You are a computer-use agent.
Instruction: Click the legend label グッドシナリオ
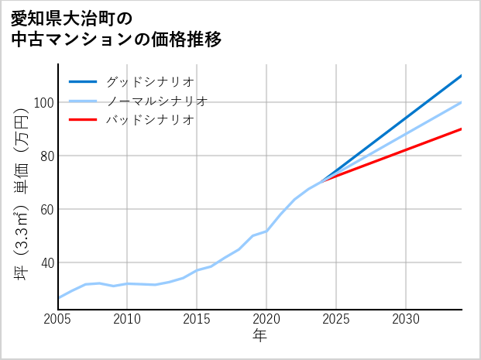tap(149, 81)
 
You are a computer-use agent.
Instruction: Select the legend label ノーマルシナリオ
tap(156, 101)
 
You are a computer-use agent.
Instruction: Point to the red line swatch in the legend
tap(84, 120)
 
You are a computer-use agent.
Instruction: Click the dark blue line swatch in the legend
tap(84, 81)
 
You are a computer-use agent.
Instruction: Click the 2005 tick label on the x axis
tap(58, 319)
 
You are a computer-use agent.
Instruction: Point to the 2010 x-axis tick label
tap(128, 319)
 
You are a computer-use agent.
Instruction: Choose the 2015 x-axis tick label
tap(198, 319)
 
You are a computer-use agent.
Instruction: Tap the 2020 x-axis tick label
tap(266, 319)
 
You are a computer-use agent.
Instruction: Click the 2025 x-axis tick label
tap(336, 319)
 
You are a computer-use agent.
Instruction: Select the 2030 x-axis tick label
tap(406, 319)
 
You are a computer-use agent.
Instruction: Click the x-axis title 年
tap(260, 336)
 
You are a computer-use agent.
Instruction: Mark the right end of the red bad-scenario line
tap(461, 129)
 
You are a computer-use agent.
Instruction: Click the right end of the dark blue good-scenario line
tap(461, 76)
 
